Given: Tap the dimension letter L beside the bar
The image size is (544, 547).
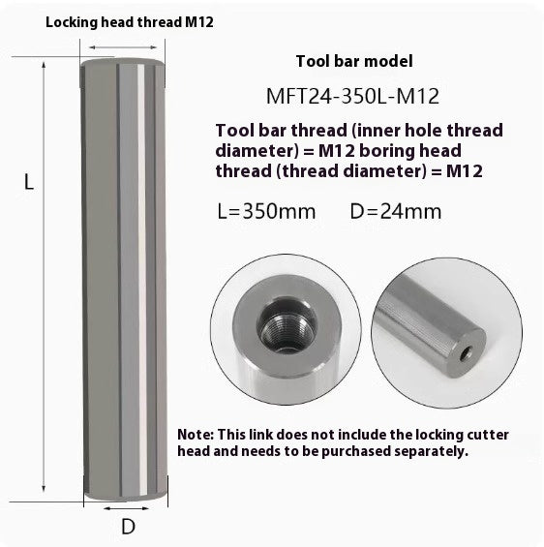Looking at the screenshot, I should pos(29,181).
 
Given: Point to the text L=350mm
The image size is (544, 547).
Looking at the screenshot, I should pos(267,211).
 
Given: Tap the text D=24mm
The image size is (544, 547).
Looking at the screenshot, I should pos(396,211).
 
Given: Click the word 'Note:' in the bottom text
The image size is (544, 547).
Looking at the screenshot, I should pos(197,434).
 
